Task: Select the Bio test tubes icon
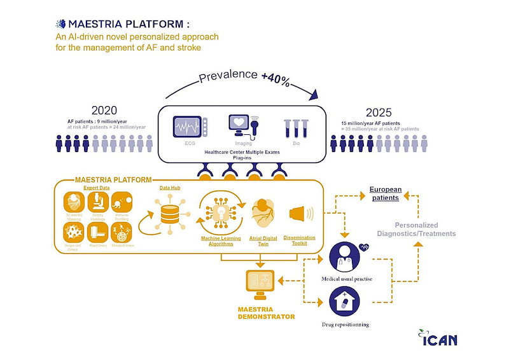pos(296,129)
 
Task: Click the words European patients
pos(385,193)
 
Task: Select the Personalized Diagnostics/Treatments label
pos(425,229)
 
